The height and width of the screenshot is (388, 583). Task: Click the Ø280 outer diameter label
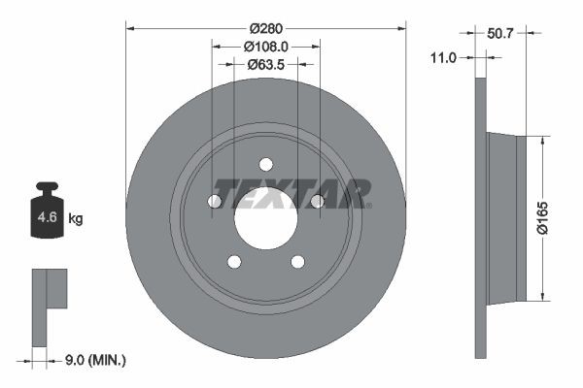coord(265,28)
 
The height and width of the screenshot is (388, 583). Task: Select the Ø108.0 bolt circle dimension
coord(265,47)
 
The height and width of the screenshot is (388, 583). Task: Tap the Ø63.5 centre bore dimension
coord(265,65)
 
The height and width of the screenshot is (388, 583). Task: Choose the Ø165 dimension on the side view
coord(555,218)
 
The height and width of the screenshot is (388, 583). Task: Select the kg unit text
coord(76,219)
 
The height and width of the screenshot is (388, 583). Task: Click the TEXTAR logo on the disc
coord(291,192)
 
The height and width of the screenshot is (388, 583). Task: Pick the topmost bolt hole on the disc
coord(265,164)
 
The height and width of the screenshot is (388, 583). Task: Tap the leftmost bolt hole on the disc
coord(215,201)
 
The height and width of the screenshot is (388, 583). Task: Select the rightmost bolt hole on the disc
coord(316,201)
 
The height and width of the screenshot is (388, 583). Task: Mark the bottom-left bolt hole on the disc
coord(233,261)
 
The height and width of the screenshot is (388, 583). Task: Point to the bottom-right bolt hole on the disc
coord(297,261)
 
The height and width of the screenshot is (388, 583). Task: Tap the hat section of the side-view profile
coord(504,217)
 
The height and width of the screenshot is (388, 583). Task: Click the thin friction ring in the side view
coord(479,218)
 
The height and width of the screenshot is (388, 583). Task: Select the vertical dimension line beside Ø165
coord(540,218)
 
